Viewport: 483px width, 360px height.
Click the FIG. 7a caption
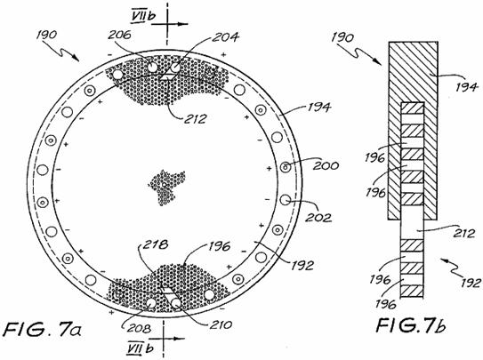43,330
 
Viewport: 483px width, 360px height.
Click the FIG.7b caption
411,326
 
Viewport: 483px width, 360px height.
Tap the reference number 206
119,35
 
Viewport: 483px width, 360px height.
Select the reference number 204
226,37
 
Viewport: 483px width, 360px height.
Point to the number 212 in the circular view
195,119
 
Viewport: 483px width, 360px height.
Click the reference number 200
326,165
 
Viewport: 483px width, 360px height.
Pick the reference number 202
318,218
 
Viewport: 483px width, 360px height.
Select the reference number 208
140,328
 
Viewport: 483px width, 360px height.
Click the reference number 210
221,325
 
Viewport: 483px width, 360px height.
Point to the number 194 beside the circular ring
318,108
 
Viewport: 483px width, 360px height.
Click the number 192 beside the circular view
302,265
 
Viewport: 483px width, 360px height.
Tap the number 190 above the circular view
46,35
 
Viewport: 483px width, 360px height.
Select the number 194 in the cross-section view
467,87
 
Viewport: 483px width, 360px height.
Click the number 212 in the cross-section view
464,233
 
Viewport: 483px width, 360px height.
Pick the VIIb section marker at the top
142,16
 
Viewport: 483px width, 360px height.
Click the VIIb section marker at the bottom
140,348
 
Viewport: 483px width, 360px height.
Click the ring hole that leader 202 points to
286,200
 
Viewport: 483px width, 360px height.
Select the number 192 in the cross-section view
471,282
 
